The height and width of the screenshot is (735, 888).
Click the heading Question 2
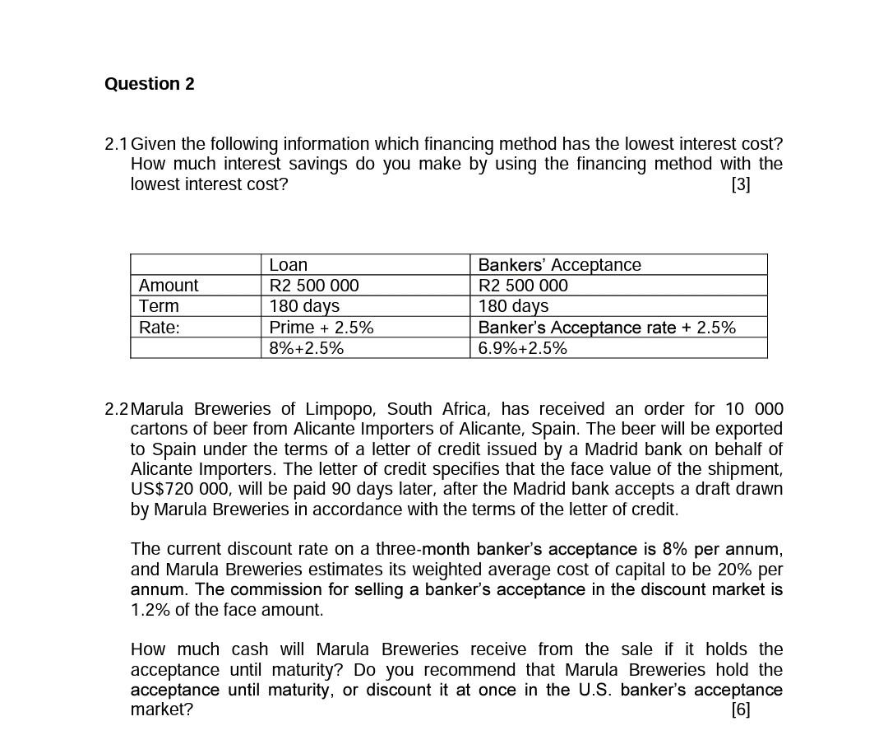click(x=150, y=84)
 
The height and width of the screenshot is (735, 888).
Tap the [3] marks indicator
click(x=740, y=184)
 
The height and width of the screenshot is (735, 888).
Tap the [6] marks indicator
click(x=740, y=709)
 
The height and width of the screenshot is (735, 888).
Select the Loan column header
click(x=289, y=265)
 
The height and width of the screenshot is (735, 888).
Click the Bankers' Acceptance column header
click(x=559, y=265)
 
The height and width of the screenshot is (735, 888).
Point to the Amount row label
click(x=169, y=286)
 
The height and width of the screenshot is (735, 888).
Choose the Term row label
click(x=159, y=306)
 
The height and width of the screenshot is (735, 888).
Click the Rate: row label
click(x=160, y=328)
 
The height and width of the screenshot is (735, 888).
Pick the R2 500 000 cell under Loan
click(x=314, y=286)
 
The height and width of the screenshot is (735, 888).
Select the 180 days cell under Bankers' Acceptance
click(x=513, y=306)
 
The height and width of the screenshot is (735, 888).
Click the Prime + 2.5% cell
click(x=321, y=328)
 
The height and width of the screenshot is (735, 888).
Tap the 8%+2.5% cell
click(x=307, y=348)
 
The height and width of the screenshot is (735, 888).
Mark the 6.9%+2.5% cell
click(x=523, y=348)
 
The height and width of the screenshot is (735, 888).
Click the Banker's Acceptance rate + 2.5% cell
click(x=607, y=328)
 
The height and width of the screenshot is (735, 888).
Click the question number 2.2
click(x=117, y=409)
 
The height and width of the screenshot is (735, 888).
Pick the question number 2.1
click(x=117, y=144)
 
